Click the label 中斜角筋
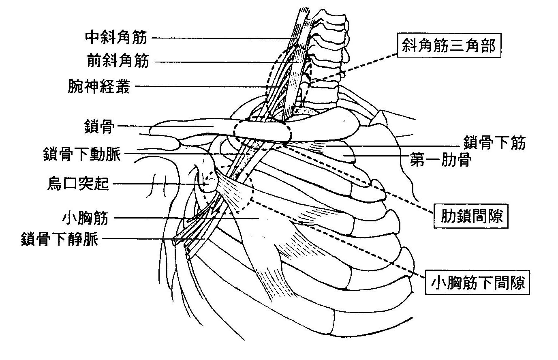coord(116,38)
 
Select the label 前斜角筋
coord(118,61)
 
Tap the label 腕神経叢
coord(99,86)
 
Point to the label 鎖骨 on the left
coord(100,127)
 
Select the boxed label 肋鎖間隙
coord(471,216)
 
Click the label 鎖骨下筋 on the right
coord(494,143)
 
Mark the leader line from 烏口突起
coord(158,184)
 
